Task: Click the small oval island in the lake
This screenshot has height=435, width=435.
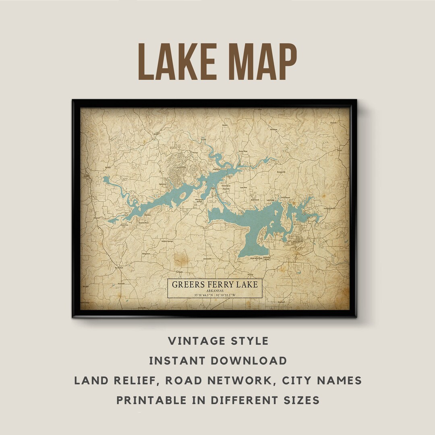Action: click(182, 196)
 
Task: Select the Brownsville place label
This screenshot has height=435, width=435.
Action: click(281, 172)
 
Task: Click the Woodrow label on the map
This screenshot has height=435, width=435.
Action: click(273, 129)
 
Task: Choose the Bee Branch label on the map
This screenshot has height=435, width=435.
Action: click(118, 267)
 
